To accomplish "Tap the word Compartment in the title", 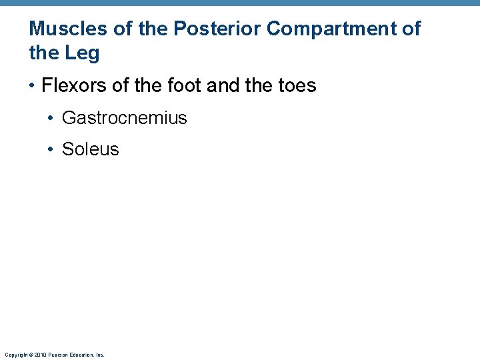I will click(x=331, y=29).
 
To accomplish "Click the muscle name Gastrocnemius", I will click(x=124, y=118).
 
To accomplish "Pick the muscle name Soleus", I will click(x=90, y=149).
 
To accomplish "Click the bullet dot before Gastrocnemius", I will click(x=51, y=119).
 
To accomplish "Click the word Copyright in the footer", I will click(x=15, y=355).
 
